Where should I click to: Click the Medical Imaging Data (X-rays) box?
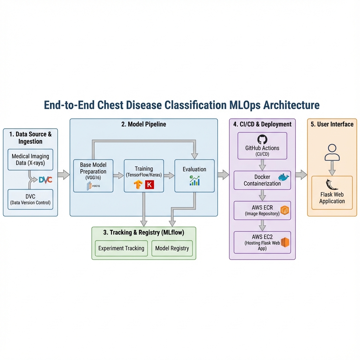[x=30, y=160]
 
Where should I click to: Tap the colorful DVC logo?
[x=45, y=180]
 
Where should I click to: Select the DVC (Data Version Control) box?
[x=30, y=199]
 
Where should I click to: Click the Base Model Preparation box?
[x=93, y=175]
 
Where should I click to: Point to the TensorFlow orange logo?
[x=138, y=185]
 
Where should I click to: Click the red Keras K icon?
[x=149, y=185]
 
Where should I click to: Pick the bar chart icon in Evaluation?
[x=194, y=181]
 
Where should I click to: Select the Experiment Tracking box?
[x=121, y=248]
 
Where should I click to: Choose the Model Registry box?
[x=172, y=248]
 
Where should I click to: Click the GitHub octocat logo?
[x=262, y=140]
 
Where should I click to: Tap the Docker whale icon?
[x=283, y=177]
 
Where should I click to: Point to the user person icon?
[x=332, y=153]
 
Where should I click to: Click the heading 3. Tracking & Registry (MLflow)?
[x=143, y=232]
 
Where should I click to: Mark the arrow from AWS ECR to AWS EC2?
[x=262, y=225]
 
